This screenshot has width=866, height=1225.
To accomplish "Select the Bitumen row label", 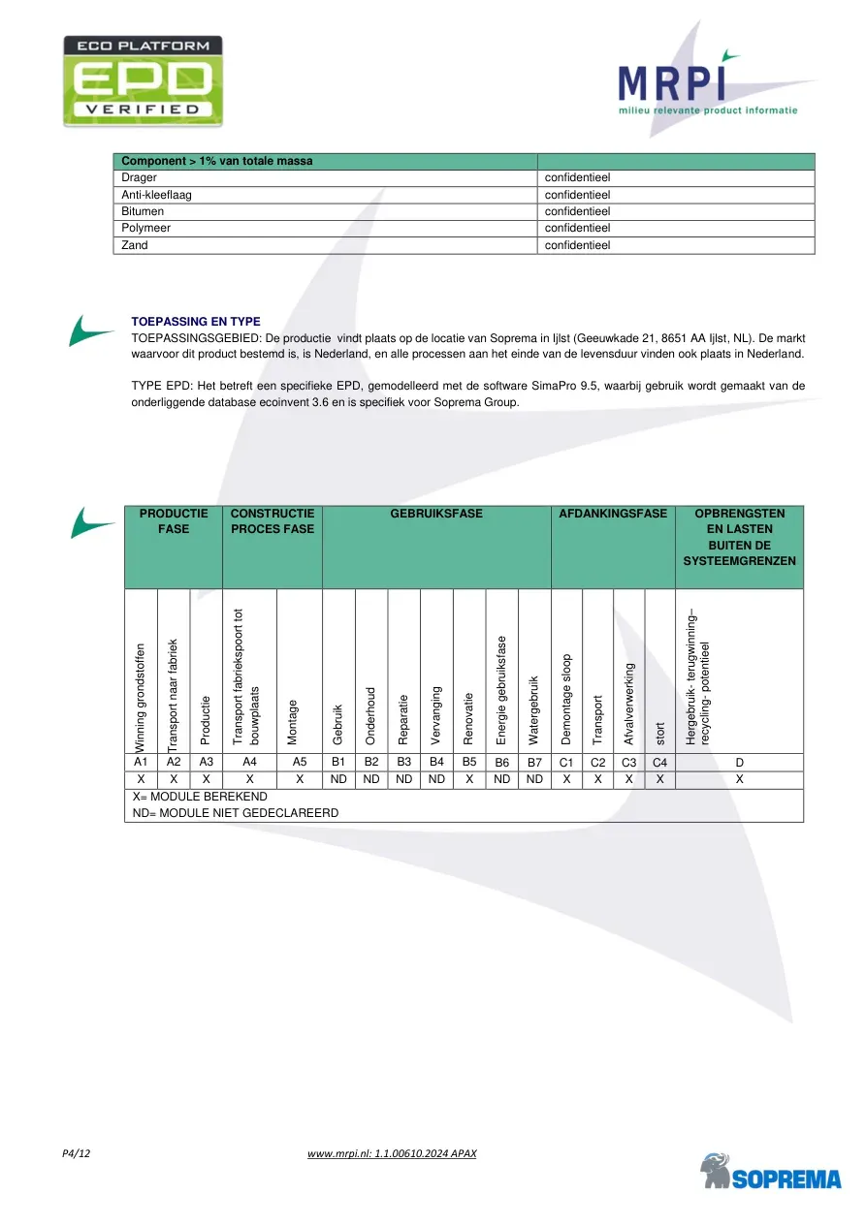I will coord(143,211).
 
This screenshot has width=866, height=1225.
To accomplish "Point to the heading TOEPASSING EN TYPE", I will coord(195,322).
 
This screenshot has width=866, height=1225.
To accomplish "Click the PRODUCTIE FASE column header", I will coord(174,520).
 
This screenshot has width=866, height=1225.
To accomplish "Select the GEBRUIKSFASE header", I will coord(436,513).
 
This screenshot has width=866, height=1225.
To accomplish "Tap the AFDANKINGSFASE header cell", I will coord(613,513).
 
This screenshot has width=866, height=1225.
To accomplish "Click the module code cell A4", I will coord(249,762).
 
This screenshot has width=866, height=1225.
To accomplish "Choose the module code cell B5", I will coord(469,762).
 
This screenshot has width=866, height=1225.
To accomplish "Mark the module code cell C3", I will coord(627,762).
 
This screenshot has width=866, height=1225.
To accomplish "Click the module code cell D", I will coord(739,762).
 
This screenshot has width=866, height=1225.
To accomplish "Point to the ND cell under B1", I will coord(338,779).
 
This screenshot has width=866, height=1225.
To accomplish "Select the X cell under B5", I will coord(469,779).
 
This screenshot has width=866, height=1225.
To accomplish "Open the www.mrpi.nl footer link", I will coord(392,1153).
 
